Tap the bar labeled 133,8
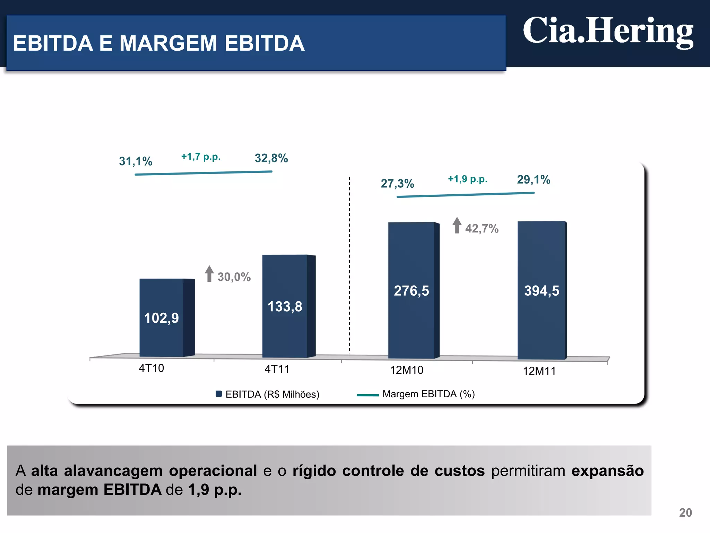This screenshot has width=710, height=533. [285, 306]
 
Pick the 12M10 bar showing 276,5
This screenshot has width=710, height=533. [411, 290]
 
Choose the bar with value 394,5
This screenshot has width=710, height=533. [542, 290]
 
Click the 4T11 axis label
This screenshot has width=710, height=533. [277, 369]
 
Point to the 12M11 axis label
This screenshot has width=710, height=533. [539, 371]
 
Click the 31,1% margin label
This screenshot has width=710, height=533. [136, 161]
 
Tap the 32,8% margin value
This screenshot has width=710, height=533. [271, 158]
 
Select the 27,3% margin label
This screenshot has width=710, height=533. [397, 184]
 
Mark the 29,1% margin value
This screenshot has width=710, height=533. [534, 180]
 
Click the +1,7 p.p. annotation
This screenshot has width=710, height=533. [201, 157]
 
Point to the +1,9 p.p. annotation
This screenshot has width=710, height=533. [467, 179]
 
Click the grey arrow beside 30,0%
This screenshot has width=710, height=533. [209, 274]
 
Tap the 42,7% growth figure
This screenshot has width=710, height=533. [482, 229]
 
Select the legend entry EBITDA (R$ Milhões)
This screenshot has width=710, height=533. [267, 394]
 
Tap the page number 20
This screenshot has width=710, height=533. [685, 513]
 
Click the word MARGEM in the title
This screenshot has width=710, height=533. [168, 43]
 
